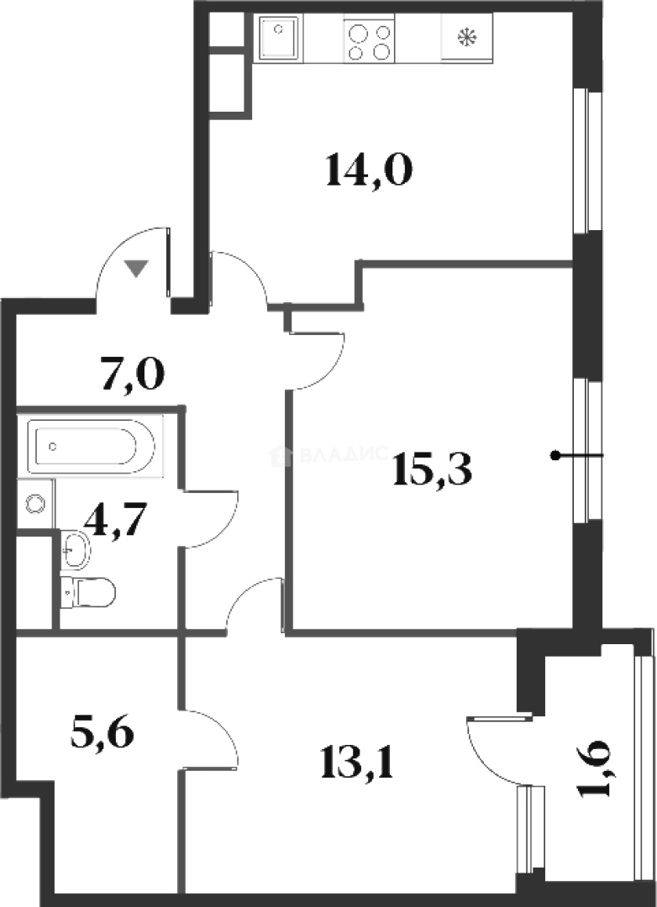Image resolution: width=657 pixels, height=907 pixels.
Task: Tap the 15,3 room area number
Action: pyautogui.click(x=433, y=473)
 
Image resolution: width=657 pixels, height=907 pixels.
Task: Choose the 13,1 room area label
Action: pyautogui.click(x=357, y=763)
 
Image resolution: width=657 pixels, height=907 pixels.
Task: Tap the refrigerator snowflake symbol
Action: pyautogui.click(x=465, y=38)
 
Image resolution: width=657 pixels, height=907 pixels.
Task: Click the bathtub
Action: pyautogui.click(x=91, y=446)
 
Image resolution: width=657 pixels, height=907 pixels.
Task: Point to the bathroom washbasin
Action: pyautogui.click(x=76, y=550)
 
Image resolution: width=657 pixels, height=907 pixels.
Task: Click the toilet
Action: pyautogui.click(x=89, y=592)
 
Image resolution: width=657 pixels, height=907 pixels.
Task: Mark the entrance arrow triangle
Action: pyautogui.click(x=136, y=268)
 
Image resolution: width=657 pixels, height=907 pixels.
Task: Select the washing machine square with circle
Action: pyautogui.click(x=34, y=504)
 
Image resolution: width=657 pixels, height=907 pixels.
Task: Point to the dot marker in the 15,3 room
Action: pyautogui.click(x=555, y=456)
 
